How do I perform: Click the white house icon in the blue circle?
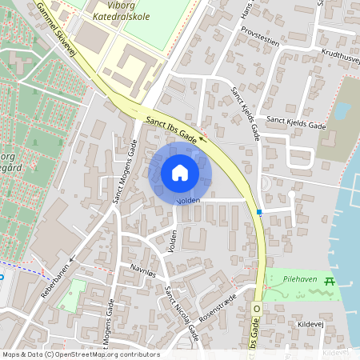tap(180, 172)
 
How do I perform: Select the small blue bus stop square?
tap(259, 212)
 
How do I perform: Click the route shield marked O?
tap(258, 307)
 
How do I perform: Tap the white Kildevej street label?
tap(310, 325)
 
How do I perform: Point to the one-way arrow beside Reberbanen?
tap(72, 258)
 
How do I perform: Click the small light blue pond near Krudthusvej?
tap(342, 110)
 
